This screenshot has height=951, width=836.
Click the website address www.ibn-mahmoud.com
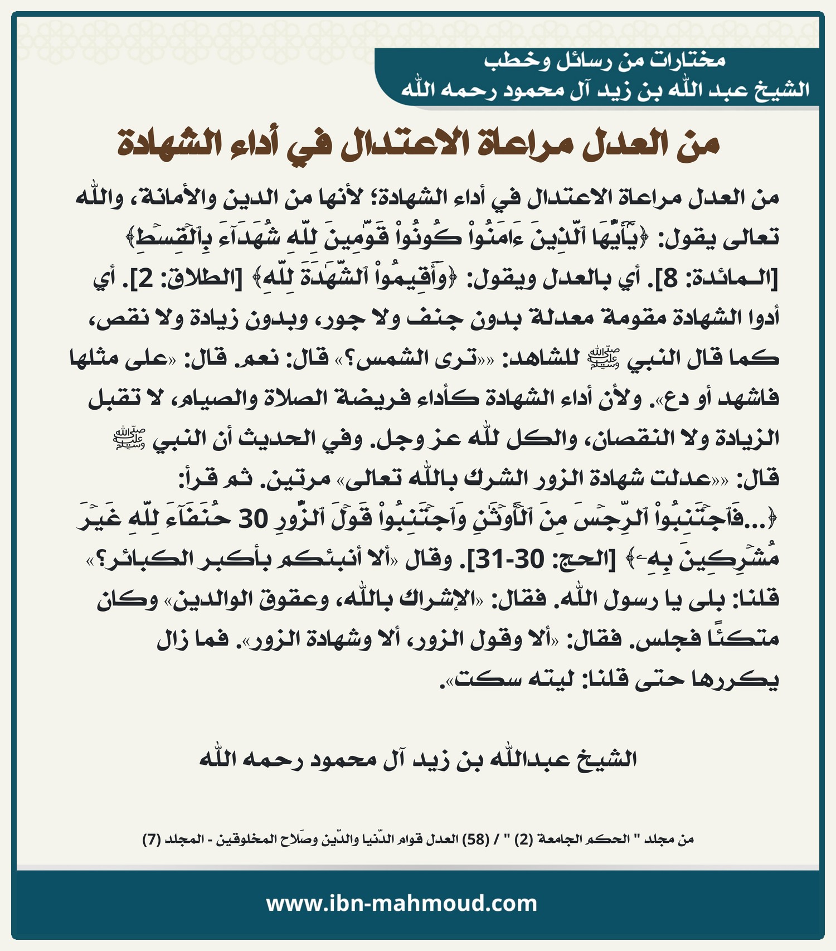pyautogui.click(x=401, y=903)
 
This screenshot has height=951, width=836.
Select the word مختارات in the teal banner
pyautogui.click(x=689, y=60)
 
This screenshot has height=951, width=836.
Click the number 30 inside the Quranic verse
pyautogui.click(x=254, y=520)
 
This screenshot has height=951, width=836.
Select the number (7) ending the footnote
pyautogui.click(x=152, y=839)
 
